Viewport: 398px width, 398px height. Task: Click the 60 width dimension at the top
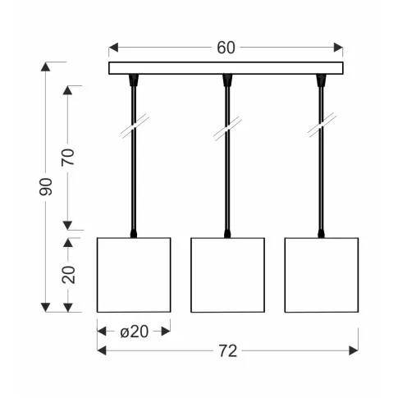click(x=226, y=48)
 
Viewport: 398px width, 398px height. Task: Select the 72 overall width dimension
click(x=228, y=351)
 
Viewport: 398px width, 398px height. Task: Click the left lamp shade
click(x=134, y=274)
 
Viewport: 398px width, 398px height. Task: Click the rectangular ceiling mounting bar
click(x=226, y=68)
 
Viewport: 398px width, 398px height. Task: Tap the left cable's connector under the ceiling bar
click(x=134, y=80)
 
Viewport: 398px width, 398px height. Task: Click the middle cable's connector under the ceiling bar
click(x=227, y=80)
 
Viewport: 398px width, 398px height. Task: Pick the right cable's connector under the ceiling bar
click(x=321, y=80)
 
